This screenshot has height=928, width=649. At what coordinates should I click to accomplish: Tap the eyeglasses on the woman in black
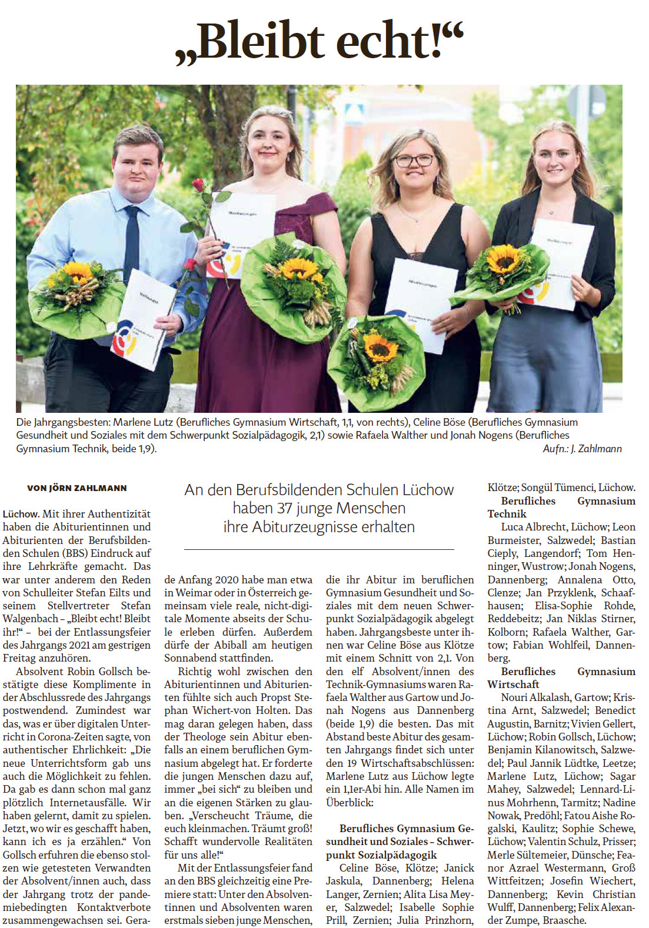[x=414, y=160]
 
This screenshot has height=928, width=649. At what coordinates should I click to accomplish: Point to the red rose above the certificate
[x=201, y=188]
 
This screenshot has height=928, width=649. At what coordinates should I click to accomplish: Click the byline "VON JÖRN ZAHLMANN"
[x=76, y=488]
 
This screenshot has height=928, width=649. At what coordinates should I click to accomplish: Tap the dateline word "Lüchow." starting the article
[x=21, y=514]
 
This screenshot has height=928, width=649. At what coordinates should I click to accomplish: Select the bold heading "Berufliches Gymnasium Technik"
[x=561, y=507]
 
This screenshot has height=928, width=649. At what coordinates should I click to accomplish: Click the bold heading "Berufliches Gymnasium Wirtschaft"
[x=561, y=677]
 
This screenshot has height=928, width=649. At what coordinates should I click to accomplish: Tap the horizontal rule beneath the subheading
[x=319, y=549]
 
